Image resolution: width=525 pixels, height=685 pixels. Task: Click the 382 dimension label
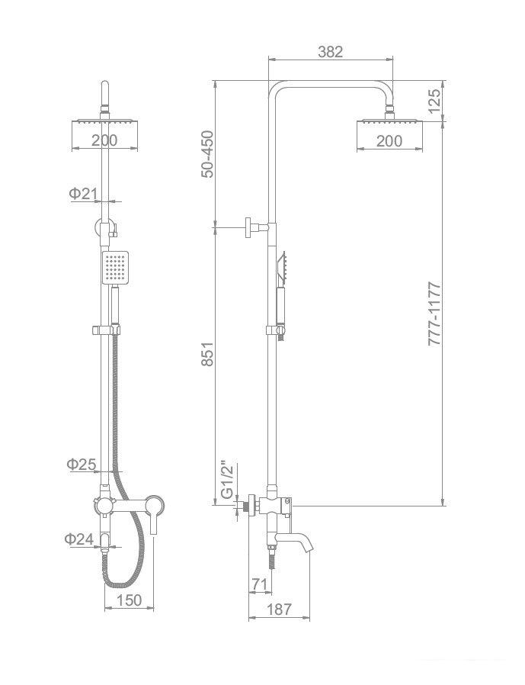click(331, 52)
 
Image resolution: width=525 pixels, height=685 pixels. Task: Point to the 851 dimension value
click(208, 354)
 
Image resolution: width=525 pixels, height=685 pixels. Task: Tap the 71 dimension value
click(259, 584)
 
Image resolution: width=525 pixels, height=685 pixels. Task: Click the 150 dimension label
click(130, 600)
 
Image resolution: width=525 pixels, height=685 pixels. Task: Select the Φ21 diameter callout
click(82, 193)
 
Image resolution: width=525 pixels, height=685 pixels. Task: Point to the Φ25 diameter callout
click(82, 464)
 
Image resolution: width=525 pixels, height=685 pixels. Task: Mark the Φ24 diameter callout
click(79, 539)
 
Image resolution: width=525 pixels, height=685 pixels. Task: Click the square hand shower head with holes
click(115, 267)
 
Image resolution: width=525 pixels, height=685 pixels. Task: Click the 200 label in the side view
click(389, 140)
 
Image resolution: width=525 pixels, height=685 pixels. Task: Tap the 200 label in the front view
click(104, 140)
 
